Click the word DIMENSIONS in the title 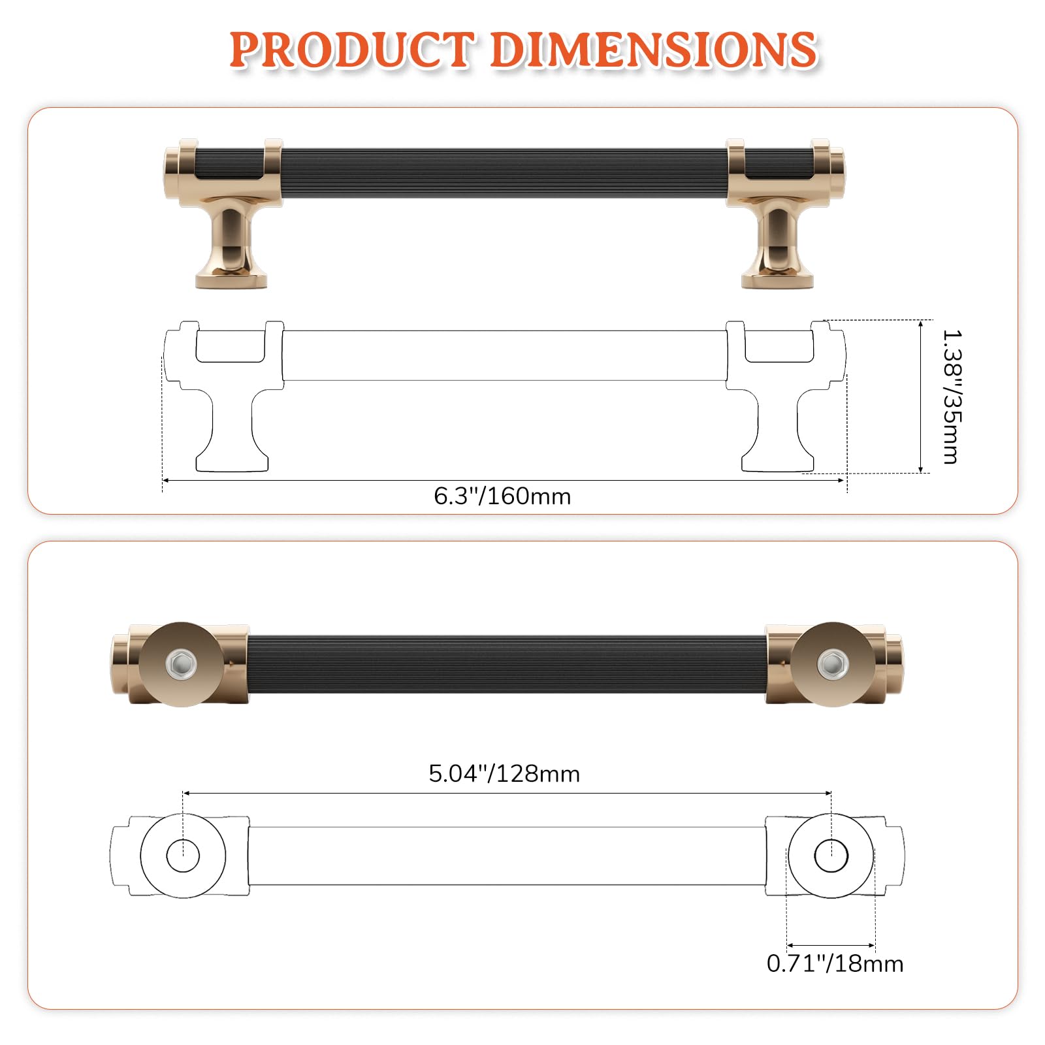653,50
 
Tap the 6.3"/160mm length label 502,496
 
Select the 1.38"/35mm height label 952,396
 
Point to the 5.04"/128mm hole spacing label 504,774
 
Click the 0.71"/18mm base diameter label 835,963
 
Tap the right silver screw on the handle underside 831,664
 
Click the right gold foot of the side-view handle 777,245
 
